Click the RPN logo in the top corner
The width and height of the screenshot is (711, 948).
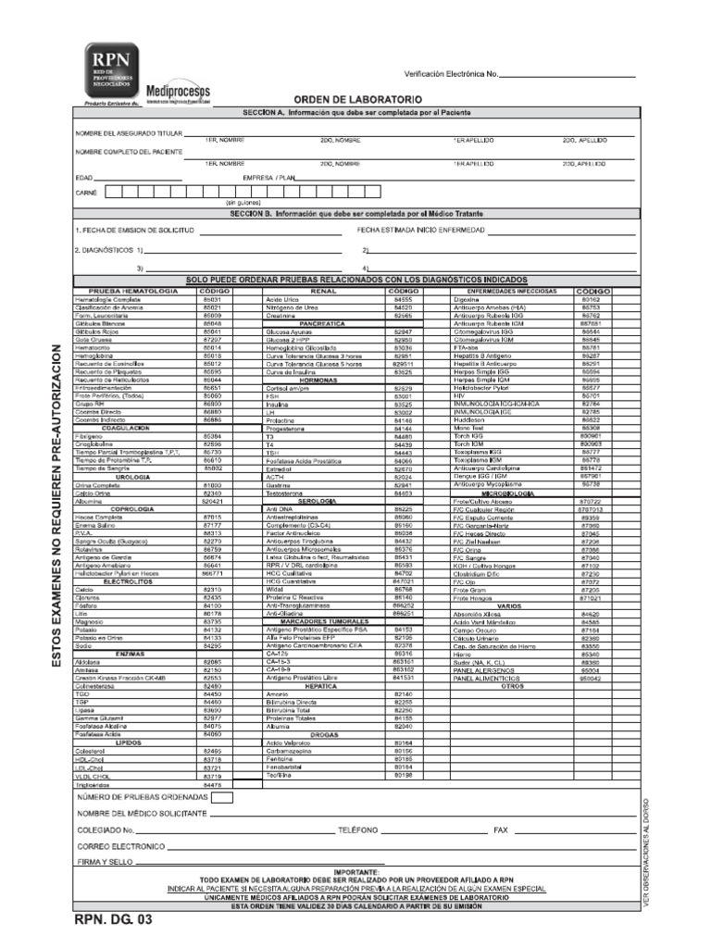point(108,72)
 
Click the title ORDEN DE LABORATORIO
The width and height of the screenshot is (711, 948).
point(358,98)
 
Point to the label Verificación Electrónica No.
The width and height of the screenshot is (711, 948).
point(452,74)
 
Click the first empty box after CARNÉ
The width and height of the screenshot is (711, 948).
point(115,193)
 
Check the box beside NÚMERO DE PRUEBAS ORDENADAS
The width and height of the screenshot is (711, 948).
point(223,796)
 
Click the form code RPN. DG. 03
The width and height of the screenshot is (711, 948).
point(110,921)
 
